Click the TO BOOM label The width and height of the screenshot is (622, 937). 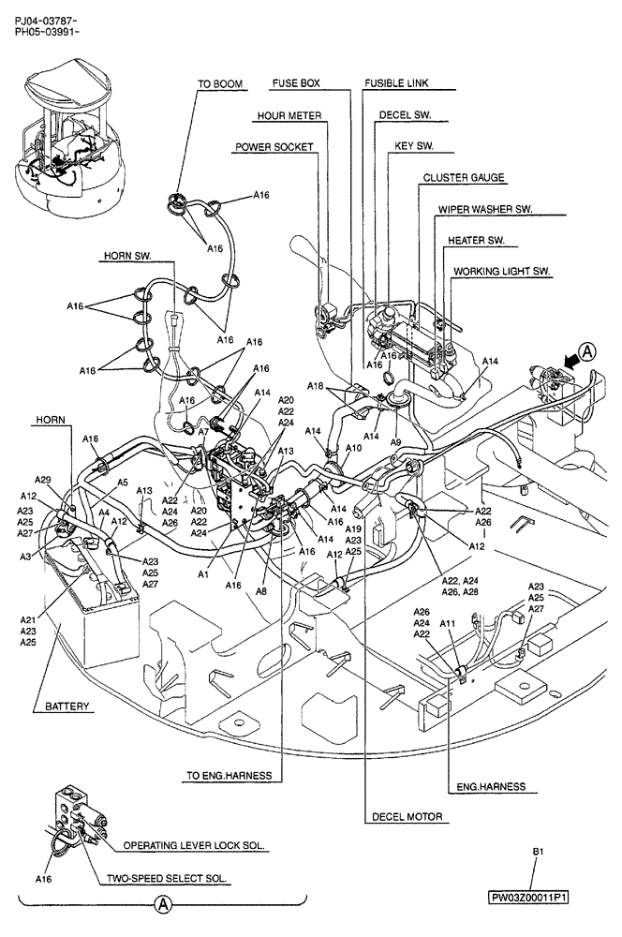[x=220, y=84]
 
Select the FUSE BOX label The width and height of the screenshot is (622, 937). [x=296, y=83]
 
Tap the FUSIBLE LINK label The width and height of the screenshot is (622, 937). [x=396, y=83]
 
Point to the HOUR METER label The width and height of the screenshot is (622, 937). [x=290, y=116]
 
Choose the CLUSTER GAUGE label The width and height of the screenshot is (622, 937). [x=464, y=177]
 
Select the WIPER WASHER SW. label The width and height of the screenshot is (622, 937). [x=485, y=209]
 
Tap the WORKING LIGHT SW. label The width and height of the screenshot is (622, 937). [x=502, y=272]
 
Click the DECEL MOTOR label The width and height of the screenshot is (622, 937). [x=407, y=817]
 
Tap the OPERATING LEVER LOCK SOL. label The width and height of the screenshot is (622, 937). [x=195, y=844]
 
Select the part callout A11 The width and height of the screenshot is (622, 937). [x=447, y=622]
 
